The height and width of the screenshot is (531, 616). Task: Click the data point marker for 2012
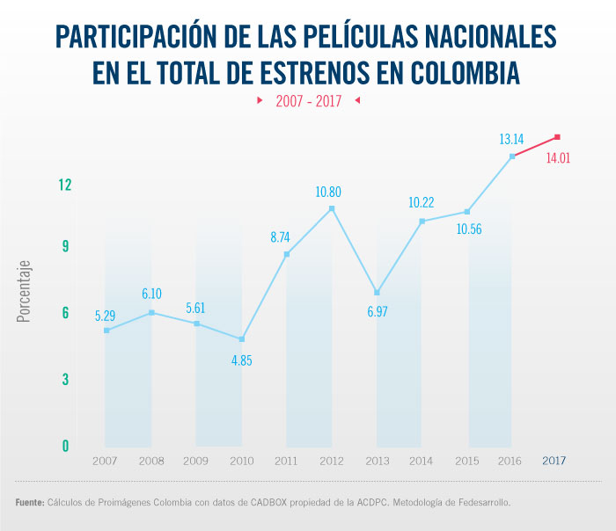click(332, 208)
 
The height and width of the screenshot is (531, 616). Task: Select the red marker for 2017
click(558, 137)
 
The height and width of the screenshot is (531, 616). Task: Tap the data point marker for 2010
click(241, 339)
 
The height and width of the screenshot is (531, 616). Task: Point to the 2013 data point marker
click(377, 293)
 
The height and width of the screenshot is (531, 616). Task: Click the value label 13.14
click(512, 139)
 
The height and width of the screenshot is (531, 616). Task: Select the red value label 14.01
click(559, 158)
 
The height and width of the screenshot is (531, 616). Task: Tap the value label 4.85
click(241, 360)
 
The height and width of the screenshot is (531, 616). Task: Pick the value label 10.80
click(332, 191)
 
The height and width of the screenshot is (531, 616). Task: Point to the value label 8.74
click(286, 236)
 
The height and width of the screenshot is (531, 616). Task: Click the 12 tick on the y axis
click(64, 185)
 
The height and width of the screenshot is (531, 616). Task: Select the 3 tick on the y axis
click(65, 379)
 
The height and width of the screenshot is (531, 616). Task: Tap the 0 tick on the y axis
click(65, 446)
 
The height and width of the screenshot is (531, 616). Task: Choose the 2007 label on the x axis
click(105, 461)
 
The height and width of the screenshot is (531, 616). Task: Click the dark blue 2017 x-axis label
click(554, 461)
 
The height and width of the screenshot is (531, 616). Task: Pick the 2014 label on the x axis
click(422, 461)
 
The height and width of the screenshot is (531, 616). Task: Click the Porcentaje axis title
click(24, 290)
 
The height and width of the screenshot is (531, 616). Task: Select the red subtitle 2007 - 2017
click(308, 101)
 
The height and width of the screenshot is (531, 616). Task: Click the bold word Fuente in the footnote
click(29, 503)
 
